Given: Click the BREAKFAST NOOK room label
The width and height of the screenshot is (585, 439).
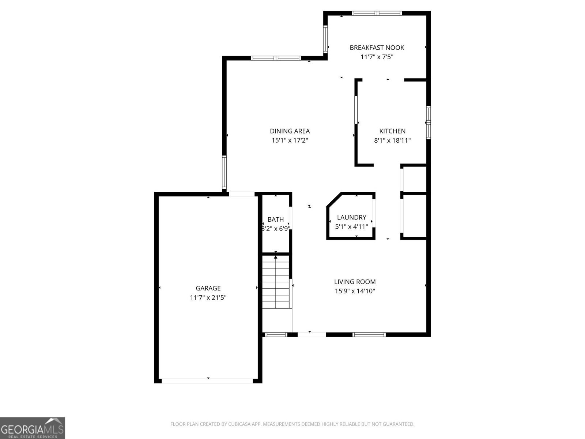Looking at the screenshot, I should [x=377, y=48].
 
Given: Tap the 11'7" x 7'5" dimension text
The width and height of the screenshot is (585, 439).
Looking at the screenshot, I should [x=377, y=57].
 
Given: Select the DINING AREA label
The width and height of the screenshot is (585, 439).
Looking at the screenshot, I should [x=290, y=131].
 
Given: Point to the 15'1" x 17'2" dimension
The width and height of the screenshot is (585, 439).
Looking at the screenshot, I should [x=290, y=140].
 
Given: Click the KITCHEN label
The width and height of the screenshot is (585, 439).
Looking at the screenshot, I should [x=392, y=131].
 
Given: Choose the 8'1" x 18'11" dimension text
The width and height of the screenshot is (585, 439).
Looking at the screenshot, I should [x=392, y=140].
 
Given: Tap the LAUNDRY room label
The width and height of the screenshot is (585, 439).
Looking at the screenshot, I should [x=351, y=217].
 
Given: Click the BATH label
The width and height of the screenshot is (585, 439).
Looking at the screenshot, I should [x=275, y=219].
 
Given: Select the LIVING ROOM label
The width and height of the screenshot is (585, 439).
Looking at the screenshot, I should [x=355, y=282].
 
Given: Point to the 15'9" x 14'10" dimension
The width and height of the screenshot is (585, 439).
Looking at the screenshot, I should [x=355, y=291].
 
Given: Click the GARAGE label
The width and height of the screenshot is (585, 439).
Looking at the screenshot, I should [x=208, y=288].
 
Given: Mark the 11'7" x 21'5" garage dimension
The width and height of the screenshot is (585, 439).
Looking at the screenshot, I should [x=208, y=298].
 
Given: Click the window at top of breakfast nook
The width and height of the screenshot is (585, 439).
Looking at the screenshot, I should [x=377, y=14].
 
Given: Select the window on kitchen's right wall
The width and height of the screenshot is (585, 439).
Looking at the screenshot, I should [x=429, y=123].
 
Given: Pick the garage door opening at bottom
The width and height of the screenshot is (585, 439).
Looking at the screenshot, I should [x=207, y=381].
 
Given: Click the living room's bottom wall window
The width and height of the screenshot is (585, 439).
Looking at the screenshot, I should [x=369, y=334].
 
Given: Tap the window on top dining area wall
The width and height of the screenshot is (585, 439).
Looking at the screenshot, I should [x=276, y=58].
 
